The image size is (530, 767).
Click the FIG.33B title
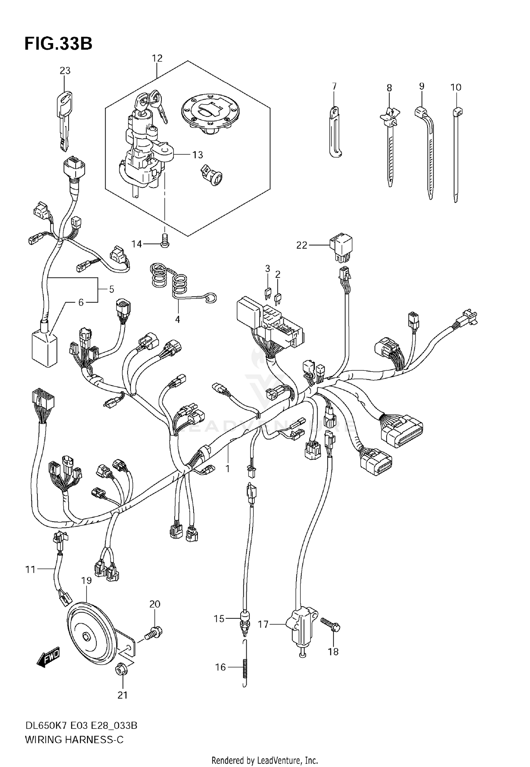point(58,44)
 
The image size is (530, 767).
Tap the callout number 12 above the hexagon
point(157,58)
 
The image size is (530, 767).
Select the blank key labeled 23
point(64,120)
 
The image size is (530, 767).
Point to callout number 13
point(198,155)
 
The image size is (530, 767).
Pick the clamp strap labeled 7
point(335,132)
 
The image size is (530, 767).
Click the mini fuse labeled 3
point(267,293)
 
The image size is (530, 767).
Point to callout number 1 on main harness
point(228,469)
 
